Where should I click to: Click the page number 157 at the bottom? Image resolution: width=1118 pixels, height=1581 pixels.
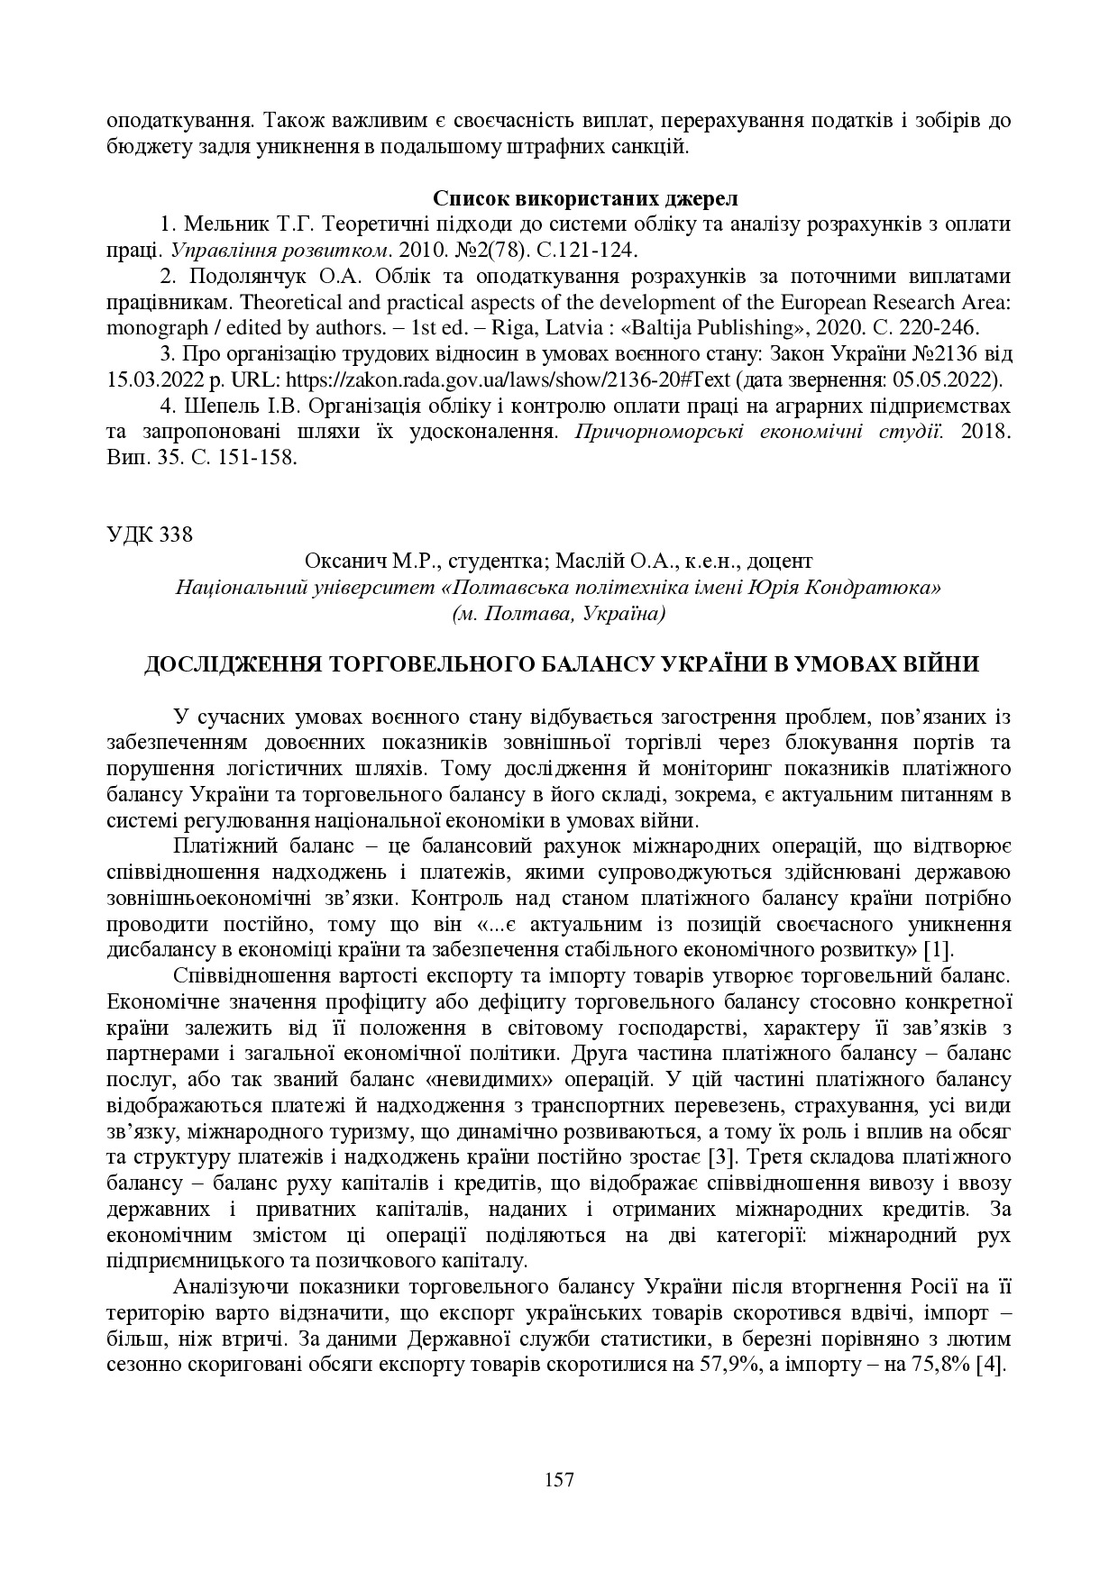click(559, 1479)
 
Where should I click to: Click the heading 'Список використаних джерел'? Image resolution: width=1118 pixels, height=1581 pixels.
click(584, 197)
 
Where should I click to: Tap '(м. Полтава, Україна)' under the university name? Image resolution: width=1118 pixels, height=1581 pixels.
click(559, 614)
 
